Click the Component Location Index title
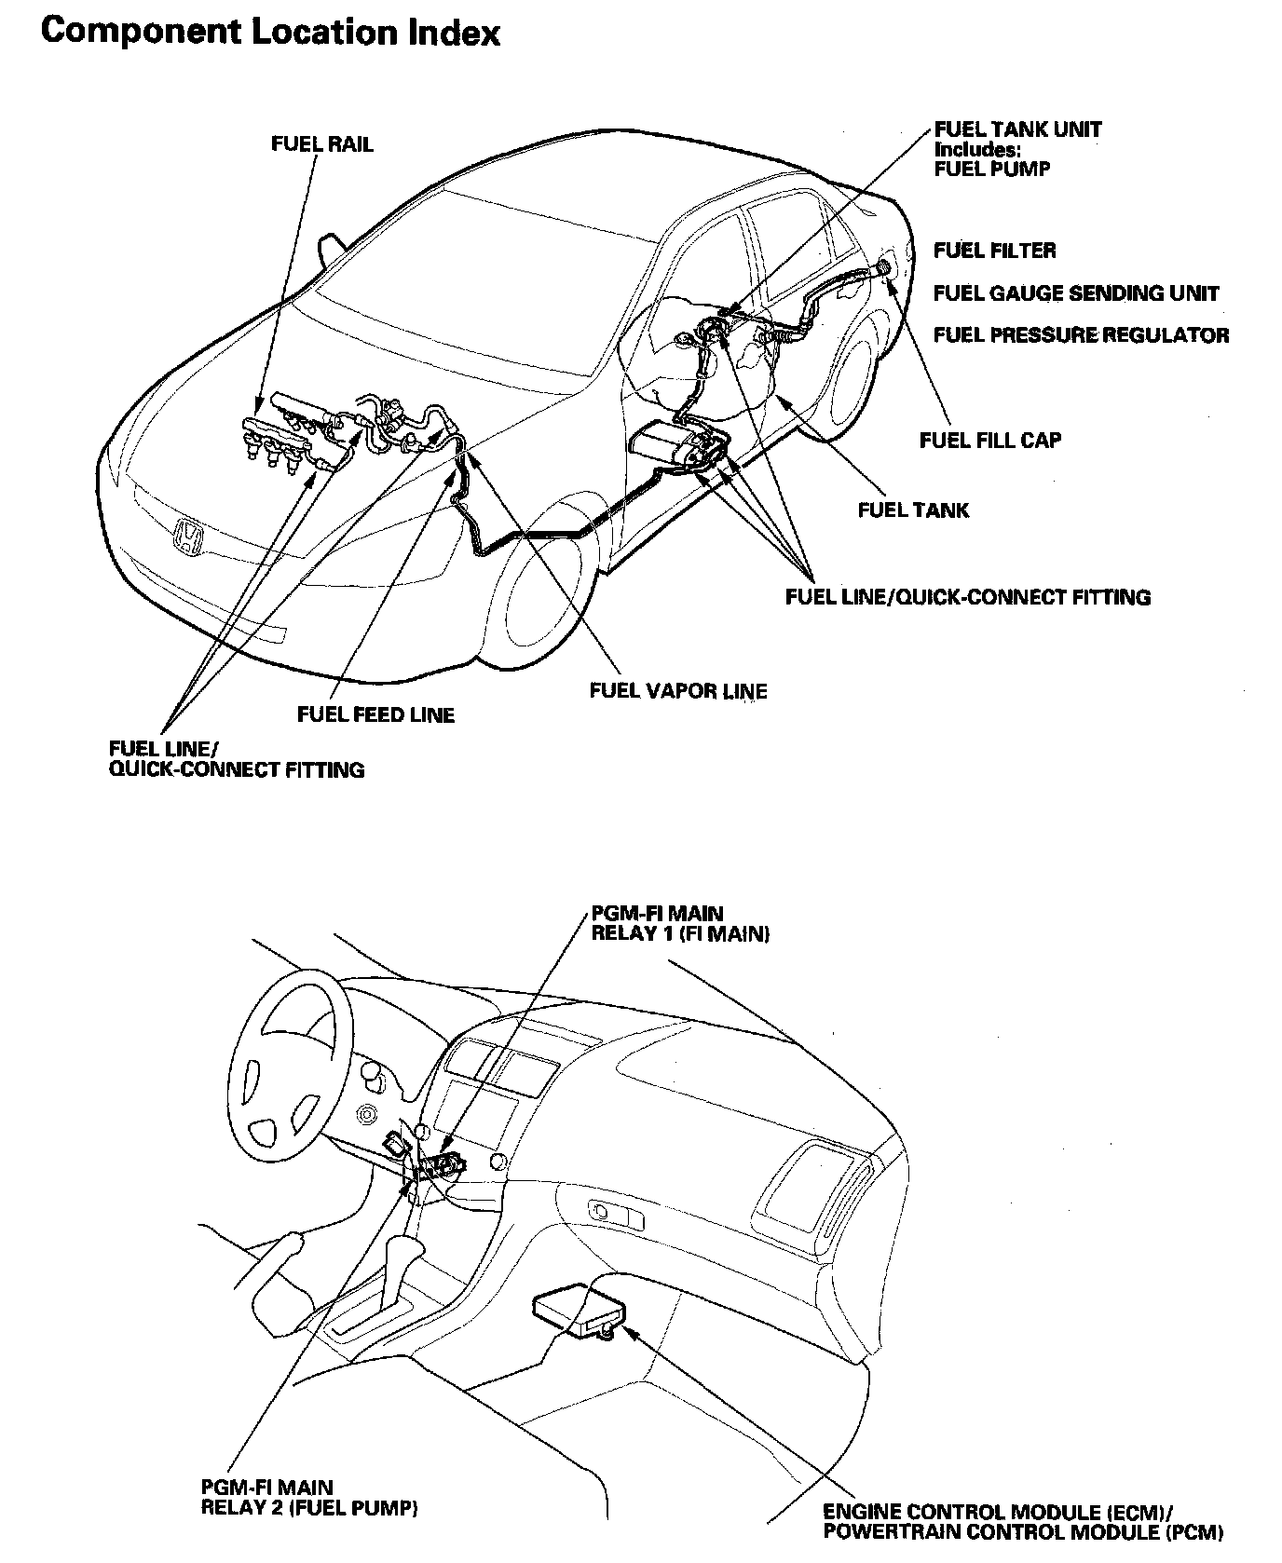(x=271, y=33)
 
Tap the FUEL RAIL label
(x=321, y=144)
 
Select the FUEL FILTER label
(x=994, y=251)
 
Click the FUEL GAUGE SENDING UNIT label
(x=1075, y=293)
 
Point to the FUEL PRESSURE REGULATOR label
(x=1081, y=335)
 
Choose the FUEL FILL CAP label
(x=989, y=440)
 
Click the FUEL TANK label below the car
(x=912, y=510)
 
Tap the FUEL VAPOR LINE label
(x=678, y=691)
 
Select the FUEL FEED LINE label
(x=375, y=715)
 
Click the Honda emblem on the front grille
(x=188, y=538)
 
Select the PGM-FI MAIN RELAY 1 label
(x=680, y=924)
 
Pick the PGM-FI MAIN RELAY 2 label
(x=308, y=1498)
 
